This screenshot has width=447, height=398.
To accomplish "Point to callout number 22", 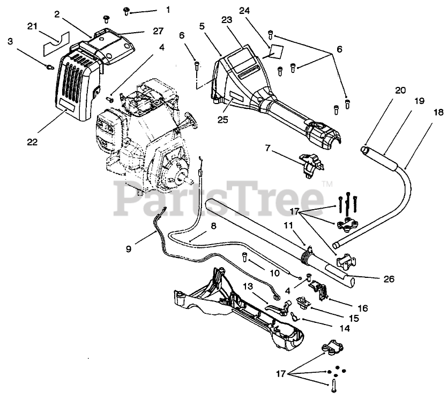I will (x=33, y=142).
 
